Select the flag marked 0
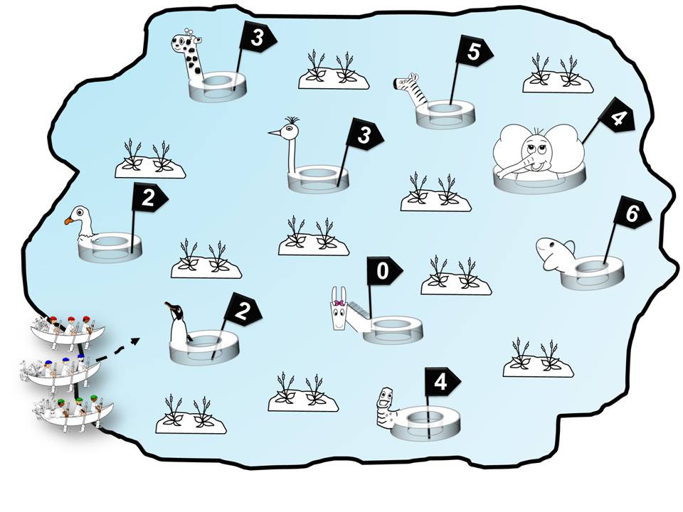pyautogui.click(x=383, y=271)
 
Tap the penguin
pyautogui.click(x=177, y=324)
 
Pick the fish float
pyautogui.click(x=555, y=252)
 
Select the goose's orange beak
pyautogui.click(x=69, y=221)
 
